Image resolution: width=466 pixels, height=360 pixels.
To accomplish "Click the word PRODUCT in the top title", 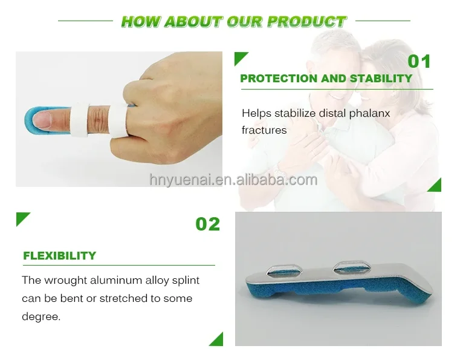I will click(306, 22).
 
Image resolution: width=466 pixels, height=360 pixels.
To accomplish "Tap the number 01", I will click(419, 62).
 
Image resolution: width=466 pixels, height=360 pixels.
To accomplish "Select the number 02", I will click(207, 224).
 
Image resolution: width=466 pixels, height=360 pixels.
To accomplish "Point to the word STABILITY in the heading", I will click(380, 79).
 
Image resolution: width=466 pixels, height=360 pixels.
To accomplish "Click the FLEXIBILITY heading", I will click(59, 256).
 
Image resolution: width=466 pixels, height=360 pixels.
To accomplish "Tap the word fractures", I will click(264, 130).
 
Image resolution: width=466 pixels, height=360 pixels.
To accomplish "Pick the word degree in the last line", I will click(40, 316).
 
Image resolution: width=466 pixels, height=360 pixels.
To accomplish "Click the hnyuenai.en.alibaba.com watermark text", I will click(233, 180).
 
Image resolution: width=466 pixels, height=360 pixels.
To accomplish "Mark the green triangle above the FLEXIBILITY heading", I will click(23, 219).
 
